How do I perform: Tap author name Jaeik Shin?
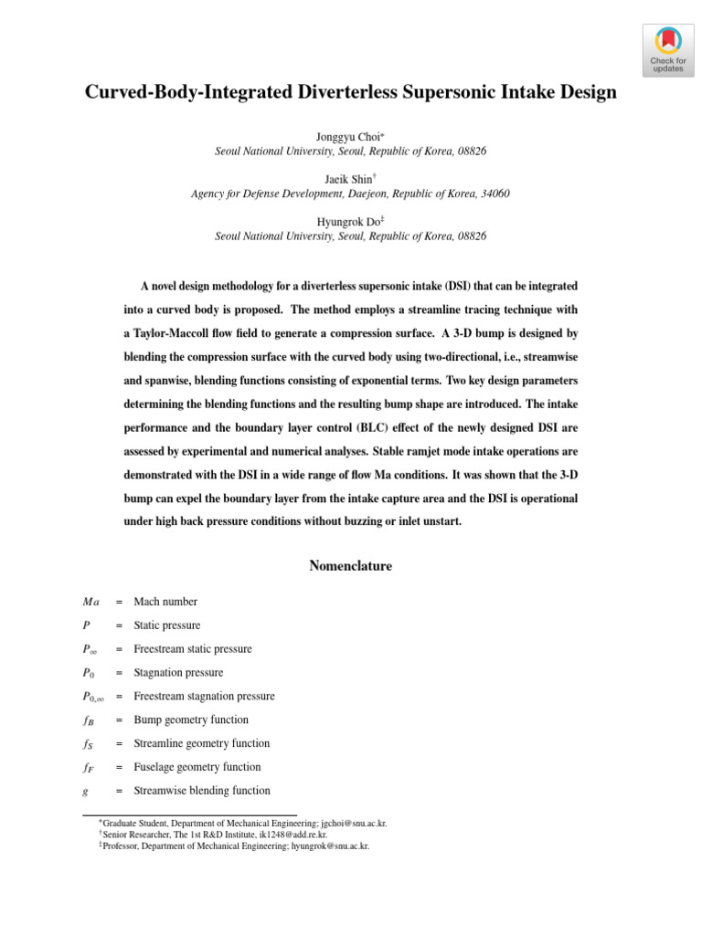pyautogui.click(x=348, y=179)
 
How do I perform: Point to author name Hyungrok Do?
pyautogui.click(x=348, y=221)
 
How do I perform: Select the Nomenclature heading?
pyautogui.click(x=351, y=566)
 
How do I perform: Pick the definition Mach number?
pyautogui.click(x=165, y=602)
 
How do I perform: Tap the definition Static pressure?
pyautogui.click(x=167, y=625)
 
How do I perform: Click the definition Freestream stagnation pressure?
pyautogui.click(x=204, y=696)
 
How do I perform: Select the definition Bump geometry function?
pyautogui.click(x=190, y=720)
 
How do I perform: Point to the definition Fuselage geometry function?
pyautogui.click(x=197, y=767)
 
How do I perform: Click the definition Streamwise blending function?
pyautogui.click(x=202, y=791)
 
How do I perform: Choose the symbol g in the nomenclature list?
pyautogui.click(x=85, y=791)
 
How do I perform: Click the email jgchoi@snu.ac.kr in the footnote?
pyautogui.click(x=353, y=823)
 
